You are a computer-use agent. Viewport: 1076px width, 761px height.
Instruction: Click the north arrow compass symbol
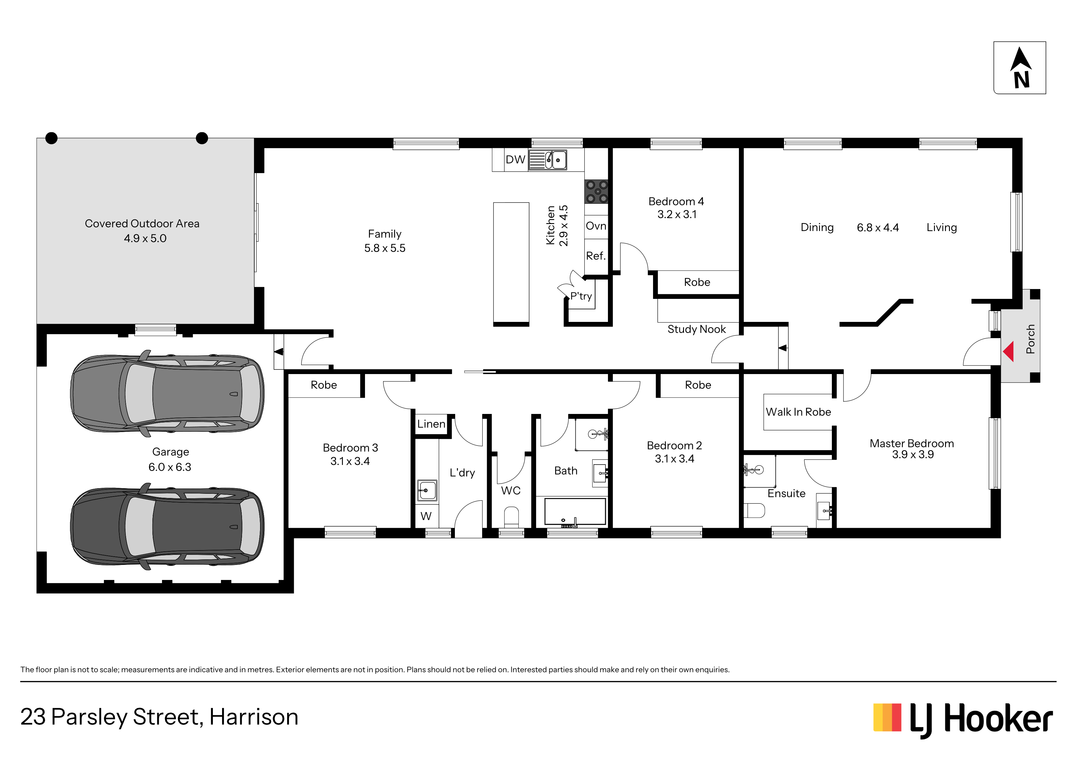point(1020,68)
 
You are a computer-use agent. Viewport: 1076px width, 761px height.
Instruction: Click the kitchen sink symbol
point(548,160)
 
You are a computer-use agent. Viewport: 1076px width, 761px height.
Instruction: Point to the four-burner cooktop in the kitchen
point(597,192)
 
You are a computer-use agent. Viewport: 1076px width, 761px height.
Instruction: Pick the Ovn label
point(596,226)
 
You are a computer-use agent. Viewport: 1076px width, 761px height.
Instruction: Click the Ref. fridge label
point(596,256)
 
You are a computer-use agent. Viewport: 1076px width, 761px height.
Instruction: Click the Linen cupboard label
point(431,424)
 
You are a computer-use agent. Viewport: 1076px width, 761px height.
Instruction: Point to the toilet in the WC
point(511,517)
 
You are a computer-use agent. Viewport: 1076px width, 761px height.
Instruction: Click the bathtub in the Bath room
point(575,512)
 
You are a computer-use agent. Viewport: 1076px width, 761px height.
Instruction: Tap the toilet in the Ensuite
point(755,511)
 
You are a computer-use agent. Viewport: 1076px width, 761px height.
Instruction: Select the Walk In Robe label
point(798,412)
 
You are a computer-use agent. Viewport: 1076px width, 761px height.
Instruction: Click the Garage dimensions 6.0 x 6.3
point(170,467)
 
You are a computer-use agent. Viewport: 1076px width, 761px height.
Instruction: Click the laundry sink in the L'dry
point(427,490)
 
